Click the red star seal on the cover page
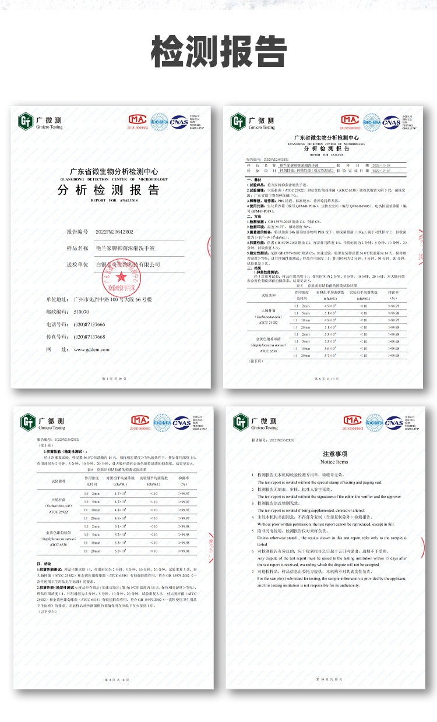[122, 277]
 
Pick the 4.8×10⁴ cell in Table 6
[119, 509]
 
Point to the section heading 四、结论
[45, 563]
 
